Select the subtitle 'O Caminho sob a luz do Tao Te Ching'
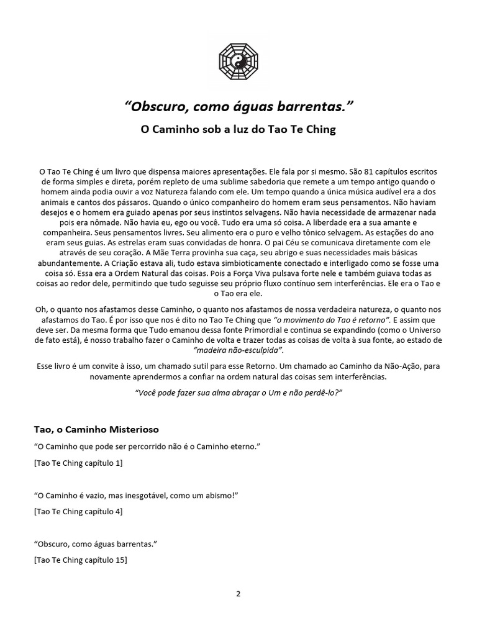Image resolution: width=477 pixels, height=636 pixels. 238,130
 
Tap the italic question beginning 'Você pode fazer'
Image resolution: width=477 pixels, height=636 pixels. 238,393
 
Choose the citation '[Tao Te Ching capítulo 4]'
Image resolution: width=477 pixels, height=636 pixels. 78,511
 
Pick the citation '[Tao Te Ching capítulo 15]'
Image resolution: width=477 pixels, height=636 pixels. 80,560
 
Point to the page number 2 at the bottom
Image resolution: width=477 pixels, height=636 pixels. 238,593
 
